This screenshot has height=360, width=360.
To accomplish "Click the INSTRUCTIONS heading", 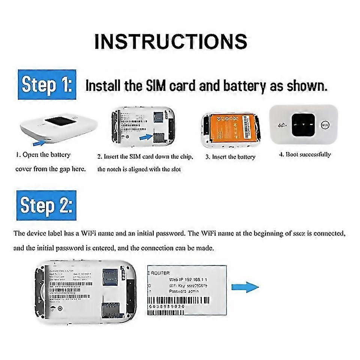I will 171,42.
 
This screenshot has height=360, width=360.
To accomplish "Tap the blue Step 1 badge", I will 46,84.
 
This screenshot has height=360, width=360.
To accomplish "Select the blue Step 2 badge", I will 46,205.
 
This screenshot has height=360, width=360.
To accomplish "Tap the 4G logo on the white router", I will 282,125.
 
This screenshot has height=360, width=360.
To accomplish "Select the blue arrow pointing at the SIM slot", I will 146,137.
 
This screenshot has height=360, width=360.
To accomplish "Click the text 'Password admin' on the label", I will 184,291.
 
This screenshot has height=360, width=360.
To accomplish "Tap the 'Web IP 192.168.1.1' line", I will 189,279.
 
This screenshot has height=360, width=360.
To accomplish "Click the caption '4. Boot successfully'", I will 305,154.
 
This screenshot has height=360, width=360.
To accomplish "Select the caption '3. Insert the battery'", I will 230,157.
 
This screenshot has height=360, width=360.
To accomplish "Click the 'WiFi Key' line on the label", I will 188,286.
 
